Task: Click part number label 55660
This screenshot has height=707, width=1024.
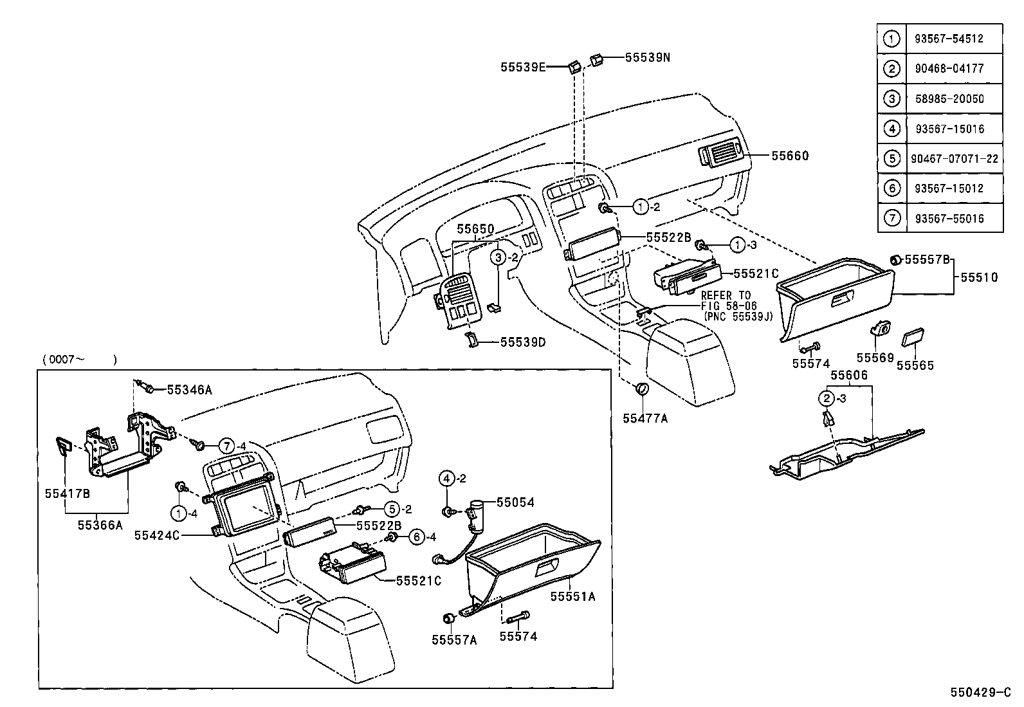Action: pos(790,156)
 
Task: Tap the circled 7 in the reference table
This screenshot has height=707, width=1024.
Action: pos(891,218)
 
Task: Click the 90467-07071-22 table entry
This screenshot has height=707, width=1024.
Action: pos(955,158)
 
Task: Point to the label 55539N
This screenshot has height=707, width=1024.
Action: pos(647,57)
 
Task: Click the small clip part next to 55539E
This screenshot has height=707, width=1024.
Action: pos(574,66)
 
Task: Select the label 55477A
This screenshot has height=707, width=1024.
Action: pos(645,419)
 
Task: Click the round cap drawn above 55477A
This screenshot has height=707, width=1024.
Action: pos(641,390)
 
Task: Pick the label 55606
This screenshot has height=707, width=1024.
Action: pos(848,375)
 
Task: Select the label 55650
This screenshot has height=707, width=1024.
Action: pos(475,229)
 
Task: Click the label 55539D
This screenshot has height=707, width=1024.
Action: pos(522,342)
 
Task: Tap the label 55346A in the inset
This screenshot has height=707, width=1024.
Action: pos(189,389)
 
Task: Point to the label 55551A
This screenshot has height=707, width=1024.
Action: pos(572,596)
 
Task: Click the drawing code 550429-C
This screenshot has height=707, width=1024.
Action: pos(982,693)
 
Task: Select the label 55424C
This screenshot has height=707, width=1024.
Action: pos(157,535)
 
